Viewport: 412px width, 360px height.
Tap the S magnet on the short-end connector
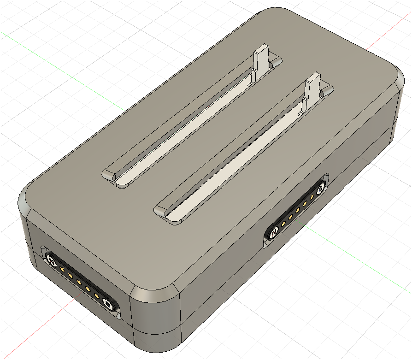tap(107, 304)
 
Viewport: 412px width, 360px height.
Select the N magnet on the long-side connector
tap(274, 232)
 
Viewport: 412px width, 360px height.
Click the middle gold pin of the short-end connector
tap(79, 282)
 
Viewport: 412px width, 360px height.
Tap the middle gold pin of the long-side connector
tap(298, 210)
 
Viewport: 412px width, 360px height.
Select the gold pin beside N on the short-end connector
tap(62, 270)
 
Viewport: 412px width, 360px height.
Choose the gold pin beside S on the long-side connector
tap(312, 196)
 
